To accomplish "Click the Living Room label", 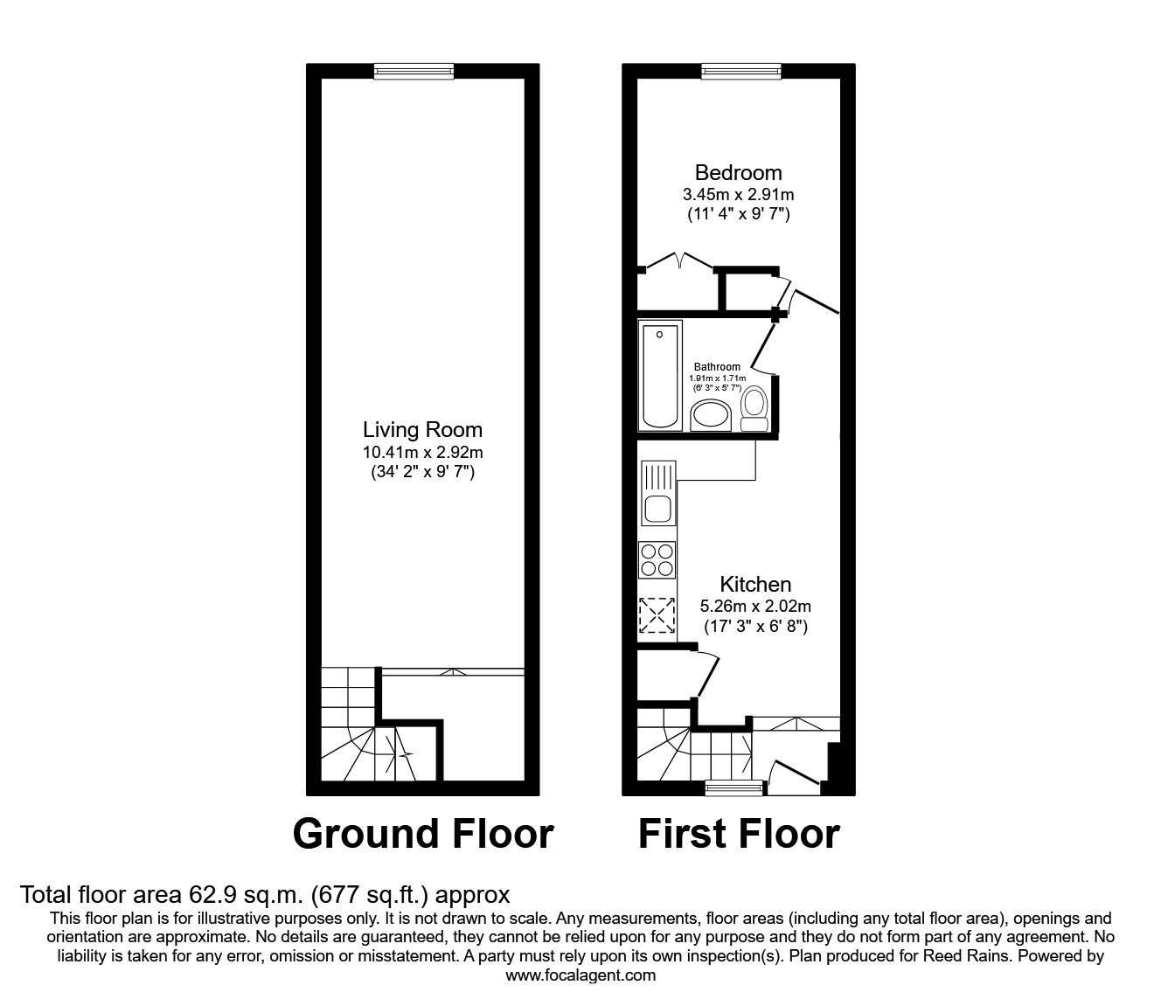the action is pyautogui.click(x=422, y=430).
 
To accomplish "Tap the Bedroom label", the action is pyautogui.click(x=738, y=172).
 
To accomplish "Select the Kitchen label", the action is pyautogui.click(x=755, y=584).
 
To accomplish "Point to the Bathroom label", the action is pyautogui.click(x=717, y=367).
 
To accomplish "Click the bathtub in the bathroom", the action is pyautogui.click(x=660, y=375).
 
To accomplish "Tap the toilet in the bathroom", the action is pyautogui.click(x=754, y=409).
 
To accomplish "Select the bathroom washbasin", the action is pyautogui.click(x=711, y=416).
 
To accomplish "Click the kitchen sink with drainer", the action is pyautogui.click(x=658, y=493).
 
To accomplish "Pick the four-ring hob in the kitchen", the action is pyautogui.click(x=657, y=559).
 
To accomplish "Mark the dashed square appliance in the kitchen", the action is pyautogui.click(x=657, y=615).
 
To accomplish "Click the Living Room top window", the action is pyautogui.click(x=414, y=71).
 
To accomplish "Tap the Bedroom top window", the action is pyautogui.click(x=741, y=71).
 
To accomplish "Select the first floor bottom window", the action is pyautogui.click(x=734, y=788).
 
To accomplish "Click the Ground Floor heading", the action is pyautogui.click(x=423, y=834).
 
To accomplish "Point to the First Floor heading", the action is pyautogui.click(x=739, y=834).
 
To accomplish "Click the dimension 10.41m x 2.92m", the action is pyautogui.click(x=422, y=452).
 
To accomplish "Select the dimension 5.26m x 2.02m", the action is pyautogui.click(x=755, y=606).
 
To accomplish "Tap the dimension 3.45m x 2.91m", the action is pyautogui.click(x=738, y=194).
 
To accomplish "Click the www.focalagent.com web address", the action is pyautogui.click(x=580, y=975).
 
